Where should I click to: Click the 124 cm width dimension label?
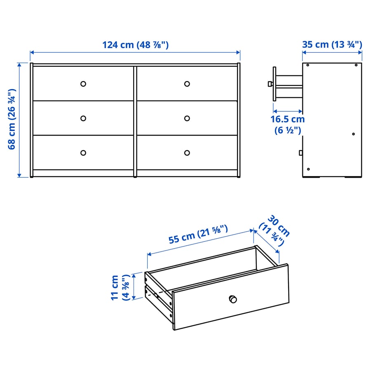[135, 45]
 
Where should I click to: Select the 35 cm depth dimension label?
[332, 45]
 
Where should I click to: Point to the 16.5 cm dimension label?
[288, 124]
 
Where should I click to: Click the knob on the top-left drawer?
[83, 84]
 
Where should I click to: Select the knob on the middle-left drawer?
[83, 118]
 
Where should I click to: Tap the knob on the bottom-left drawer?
[83, 153]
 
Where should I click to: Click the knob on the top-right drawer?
[187, 84]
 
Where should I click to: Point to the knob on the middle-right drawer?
[187, 118]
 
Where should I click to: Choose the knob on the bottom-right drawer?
[187, 153]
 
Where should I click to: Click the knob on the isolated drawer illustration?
[233, 298]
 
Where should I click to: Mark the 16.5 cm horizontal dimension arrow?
[288, 111]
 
